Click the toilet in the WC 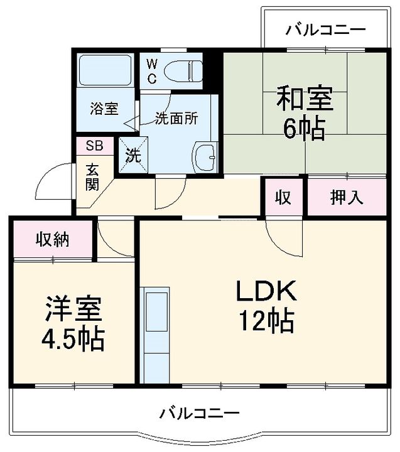183,71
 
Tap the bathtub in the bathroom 105,70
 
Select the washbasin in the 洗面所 205,157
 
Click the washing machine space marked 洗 133,156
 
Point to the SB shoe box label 95,146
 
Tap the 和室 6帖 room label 305,112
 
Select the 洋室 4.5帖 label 73,324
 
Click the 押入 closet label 347,198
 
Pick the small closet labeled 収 284,198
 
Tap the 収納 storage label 53,239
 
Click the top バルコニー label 326,30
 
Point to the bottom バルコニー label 200,414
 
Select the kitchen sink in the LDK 157,312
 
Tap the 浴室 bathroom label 104,109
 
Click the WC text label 152,71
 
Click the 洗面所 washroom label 176,118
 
